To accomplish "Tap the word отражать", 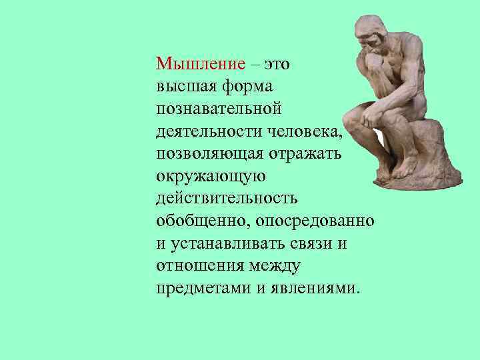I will click(300, 155).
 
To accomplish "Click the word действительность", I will click(227, 199).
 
